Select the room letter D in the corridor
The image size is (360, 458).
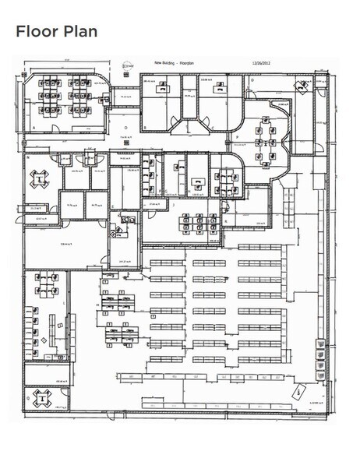pos(125,126)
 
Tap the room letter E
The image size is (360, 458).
pos(114,206)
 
